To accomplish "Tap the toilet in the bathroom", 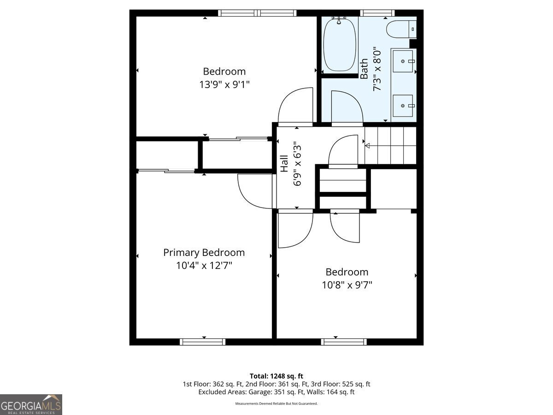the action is [401, 29].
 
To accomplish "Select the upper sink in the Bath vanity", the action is [403, 61].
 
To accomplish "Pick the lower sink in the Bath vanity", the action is [403, 106].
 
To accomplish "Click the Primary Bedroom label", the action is [204, 253].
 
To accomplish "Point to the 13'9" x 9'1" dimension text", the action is [224, 84].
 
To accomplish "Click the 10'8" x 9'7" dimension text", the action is [347, 285].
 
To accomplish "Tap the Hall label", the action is [284, 164].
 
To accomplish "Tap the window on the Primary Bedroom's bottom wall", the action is [203, 342].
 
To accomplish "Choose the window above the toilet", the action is [377, 13].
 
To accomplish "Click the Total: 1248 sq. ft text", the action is [276, 376].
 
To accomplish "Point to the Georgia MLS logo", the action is [31, 404].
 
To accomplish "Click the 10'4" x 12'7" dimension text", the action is [204, 265].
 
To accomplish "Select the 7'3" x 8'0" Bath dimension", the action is [377, 68].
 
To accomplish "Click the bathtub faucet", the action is [339, 20].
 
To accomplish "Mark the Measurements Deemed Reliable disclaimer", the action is [276, 403].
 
